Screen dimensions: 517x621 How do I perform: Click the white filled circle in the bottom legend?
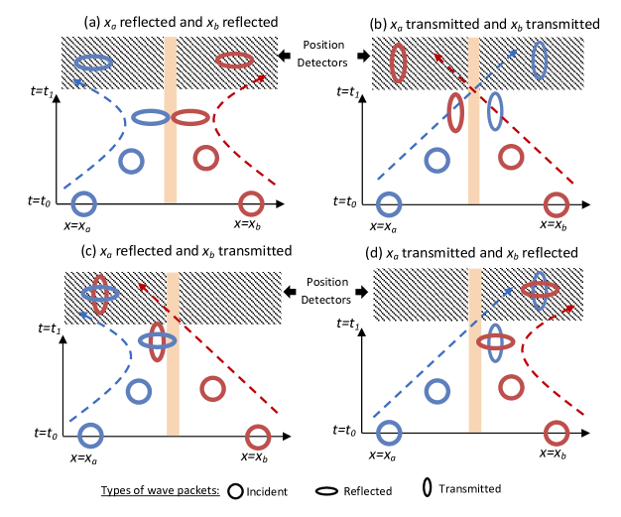click(x=235, y=491)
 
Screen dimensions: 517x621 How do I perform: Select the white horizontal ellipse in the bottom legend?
click(x=326, y=491)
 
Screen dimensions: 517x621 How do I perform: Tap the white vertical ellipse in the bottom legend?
click(x=428, y=487)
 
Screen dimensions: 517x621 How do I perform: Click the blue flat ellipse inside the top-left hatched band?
click(x=93, y=63)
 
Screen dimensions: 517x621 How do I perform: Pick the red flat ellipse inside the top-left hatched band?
click(x=234, y=61)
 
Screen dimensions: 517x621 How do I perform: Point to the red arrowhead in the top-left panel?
click(x=261, y=77)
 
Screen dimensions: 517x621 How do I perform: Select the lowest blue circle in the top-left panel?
click(x=84, y=203)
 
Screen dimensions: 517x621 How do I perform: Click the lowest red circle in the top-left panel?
click(x=251, y=203)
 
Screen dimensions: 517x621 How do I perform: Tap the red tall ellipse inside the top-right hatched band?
click(x=399, y=63)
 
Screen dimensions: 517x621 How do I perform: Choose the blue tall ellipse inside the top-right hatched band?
click(x=539, y=61)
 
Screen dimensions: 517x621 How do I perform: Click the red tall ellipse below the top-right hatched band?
click(x=455, y=112)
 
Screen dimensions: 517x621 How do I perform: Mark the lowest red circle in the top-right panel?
click(x=557, y=204)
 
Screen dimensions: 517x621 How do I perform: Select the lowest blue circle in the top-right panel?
click(x=389, y=204)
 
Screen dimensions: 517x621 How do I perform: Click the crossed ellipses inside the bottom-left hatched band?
click(x=100, y=294)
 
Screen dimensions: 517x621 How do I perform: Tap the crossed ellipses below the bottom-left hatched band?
click(x=157, y=340)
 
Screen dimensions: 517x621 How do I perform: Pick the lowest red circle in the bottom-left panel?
click(x=258, y=437)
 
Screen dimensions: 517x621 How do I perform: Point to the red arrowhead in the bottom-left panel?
click(x=142, y=287)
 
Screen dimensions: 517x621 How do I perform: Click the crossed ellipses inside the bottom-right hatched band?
click(x=540, y=290)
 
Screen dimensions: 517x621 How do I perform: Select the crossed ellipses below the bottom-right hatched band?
click(x=496, y=342)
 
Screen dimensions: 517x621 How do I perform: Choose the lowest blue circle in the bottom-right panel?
click(x=389, y=433)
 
